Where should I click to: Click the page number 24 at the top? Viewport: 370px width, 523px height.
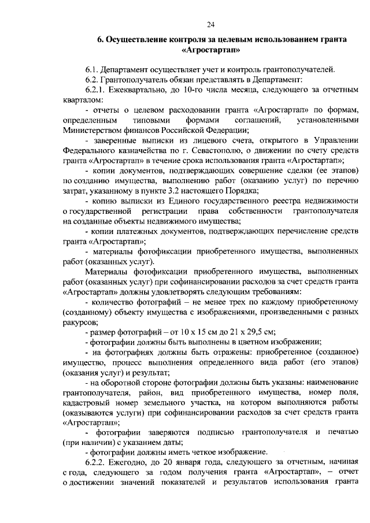click(x=210, y=24)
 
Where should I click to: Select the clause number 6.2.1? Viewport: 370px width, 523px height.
click(x=96, y=90)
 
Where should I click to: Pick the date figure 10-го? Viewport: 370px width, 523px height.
click(x=196, y=90)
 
